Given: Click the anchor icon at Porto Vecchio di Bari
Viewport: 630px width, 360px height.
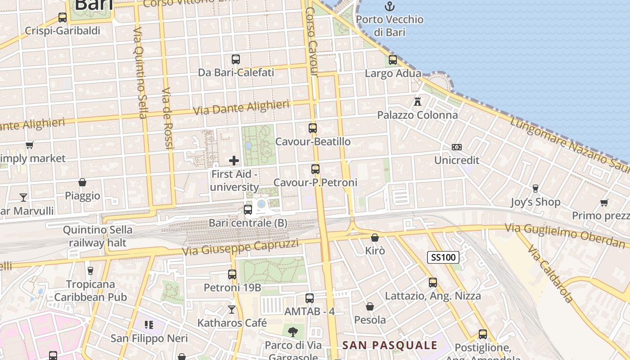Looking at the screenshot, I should point(389,6).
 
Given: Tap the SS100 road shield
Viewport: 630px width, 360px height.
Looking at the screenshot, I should point(443,257).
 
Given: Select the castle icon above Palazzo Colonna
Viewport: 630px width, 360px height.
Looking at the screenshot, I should point(418,101).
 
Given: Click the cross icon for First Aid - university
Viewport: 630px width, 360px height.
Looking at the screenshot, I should point(234,160).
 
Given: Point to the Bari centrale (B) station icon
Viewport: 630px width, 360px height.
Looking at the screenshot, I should point(247,209).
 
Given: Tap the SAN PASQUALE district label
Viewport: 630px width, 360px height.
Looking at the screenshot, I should point(390,345).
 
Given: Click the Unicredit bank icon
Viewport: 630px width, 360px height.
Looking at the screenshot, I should point(456,147).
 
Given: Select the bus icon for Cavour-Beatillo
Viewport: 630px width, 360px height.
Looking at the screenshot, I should point(313,128).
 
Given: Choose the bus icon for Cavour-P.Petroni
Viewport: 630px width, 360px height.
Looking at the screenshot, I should point(315,169).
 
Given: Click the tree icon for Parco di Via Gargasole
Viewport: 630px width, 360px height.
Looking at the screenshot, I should point(293,332).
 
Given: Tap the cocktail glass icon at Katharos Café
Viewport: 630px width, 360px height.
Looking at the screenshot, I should point(232,310).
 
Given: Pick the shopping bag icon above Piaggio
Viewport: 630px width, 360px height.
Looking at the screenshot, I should point(82,182).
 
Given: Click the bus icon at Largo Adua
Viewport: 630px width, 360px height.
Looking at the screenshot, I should point(393,60).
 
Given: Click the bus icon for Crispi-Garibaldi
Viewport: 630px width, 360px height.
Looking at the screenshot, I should point(63,18).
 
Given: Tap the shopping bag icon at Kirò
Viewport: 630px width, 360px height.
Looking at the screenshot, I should point(375,237).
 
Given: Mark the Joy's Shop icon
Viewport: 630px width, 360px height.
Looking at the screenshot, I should point(535,188).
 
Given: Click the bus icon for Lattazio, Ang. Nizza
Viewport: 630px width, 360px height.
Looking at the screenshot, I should point(433,283).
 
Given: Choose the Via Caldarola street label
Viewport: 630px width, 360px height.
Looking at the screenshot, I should point(550,274).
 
